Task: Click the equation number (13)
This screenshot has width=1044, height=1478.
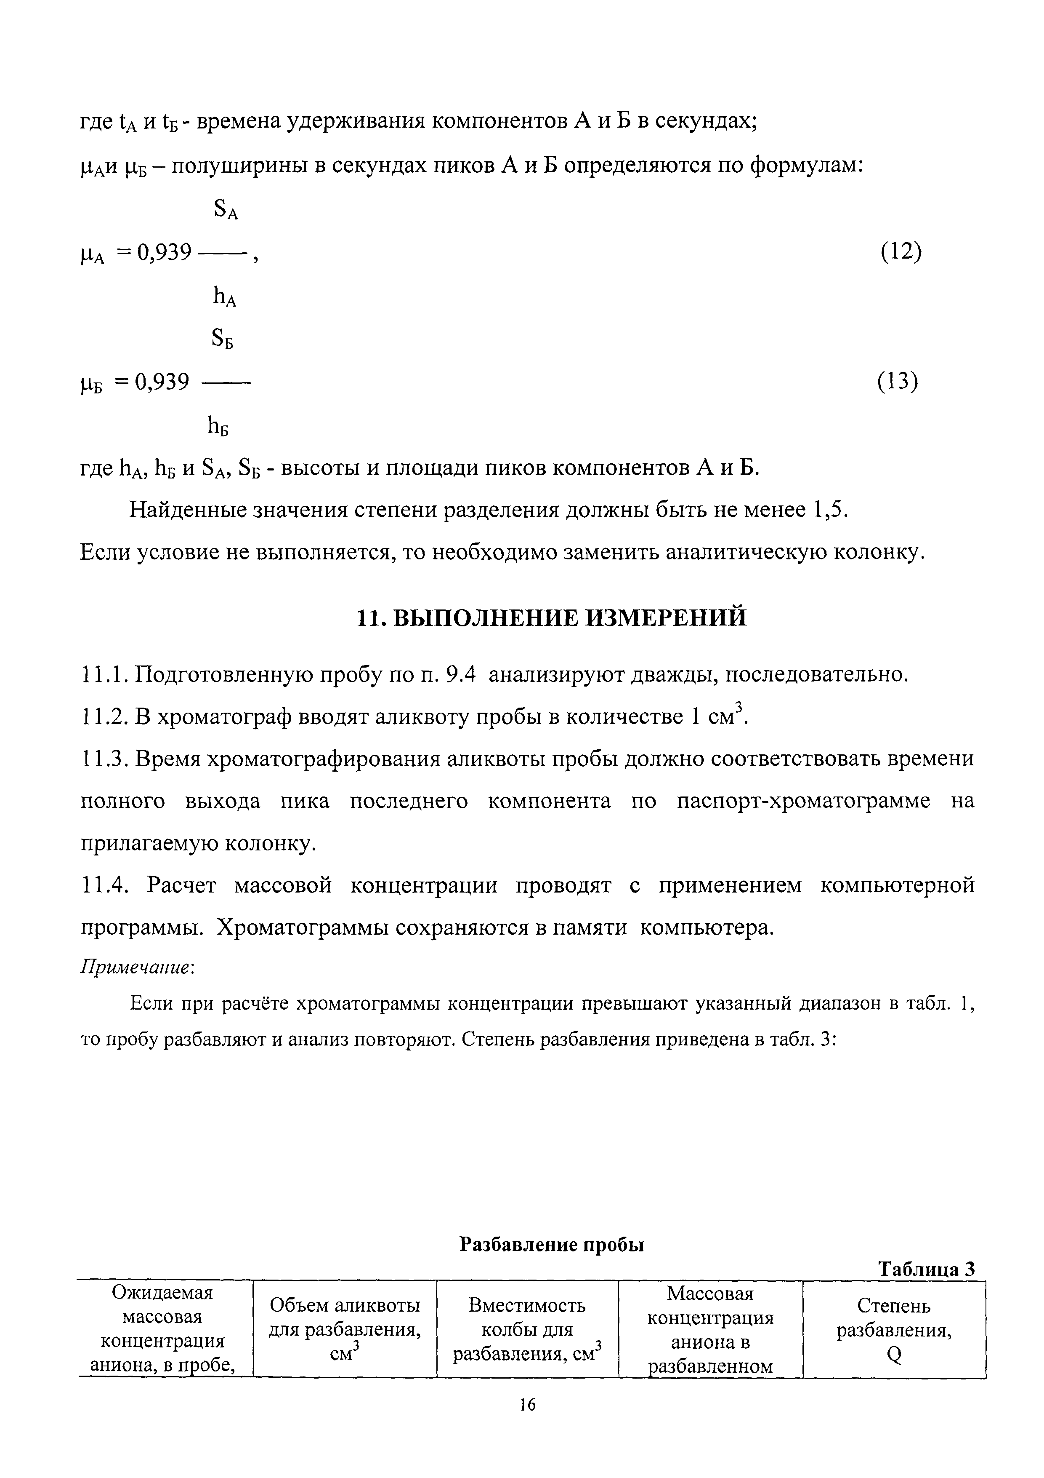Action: (898, 382)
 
